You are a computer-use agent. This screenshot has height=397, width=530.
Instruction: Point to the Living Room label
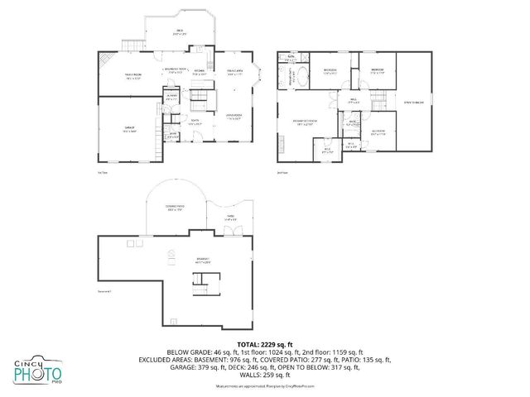[x=234, y=116]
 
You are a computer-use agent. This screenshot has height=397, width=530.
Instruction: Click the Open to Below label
[x=414, y=103]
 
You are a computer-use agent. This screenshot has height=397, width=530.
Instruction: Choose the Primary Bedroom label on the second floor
[x=306, y=122]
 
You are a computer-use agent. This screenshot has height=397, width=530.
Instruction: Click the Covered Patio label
[x=174, y=207]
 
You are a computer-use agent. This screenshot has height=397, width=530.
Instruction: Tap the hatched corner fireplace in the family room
[x=104, y=60]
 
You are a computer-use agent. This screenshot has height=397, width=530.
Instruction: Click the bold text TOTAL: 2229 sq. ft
[x=265, y=343]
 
